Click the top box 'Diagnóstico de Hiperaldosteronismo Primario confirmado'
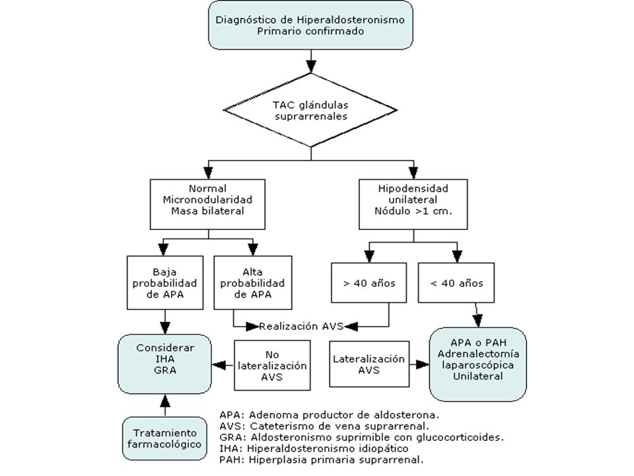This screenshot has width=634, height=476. pos(310,25)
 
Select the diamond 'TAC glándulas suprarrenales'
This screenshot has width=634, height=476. pos(310,110)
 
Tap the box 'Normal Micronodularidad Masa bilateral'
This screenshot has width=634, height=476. pos(207,204)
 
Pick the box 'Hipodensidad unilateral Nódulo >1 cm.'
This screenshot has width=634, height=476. pos(413,204)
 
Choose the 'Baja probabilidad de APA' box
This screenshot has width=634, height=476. pos(165,282)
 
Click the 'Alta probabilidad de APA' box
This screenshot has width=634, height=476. pos(253,282)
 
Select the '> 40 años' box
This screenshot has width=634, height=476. pos(369,282)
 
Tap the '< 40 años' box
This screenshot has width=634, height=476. pos(456,282)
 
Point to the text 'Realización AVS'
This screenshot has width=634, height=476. pos(301,326)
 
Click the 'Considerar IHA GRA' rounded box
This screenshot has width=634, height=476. pos(164,364)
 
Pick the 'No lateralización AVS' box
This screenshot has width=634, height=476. pos(272,365)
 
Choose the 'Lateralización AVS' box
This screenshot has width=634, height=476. pos(369,364)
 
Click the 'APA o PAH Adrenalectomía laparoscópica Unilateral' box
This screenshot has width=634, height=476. pos(478,364)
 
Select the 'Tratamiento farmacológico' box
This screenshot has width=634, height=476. pos(164,438)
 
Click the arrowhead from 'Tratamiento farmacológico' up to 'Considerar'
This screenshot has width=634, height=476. pos(164,401)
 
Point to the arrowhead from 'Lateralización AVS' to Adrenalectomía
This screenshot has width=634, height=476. pos(423,364)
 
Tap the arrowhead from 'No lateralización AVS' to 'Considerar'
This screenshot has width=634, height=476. pos(219,365)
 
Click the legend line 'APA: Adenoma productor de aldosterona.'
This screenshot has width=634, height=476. pos(330,415)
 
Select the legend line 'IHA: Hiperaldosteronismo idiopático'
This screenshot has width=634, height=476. pos(314,448)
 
